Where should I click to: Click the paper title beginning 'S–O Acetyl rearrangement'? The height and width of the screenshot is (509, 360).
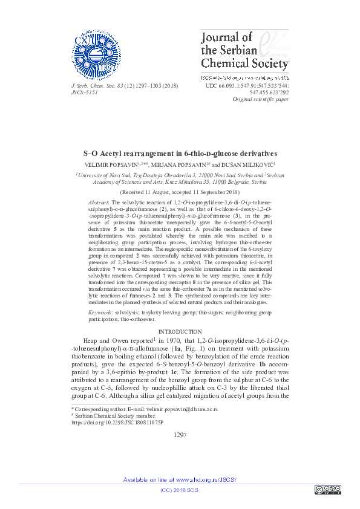pos(180,137)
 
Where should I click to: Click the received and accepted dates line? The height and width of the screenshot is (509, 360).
pos(180,173)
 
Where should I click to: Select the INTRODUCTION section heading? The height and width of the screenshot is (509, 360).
pos(180,332)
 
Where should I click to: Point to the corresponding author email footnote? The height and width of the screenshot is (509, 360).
pos(145,409)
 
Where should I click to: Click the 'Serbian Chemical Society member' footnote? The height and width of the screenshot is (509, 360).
pos(115,416)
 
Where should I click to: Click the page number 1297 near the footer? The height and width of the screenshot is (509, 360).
pos(180,435)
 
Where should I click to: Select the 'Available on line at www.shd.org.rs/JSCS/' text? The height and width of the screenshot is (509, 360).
pos(180,479)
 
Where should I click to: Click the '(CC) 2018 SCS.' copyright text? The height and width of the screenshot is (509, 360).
pos(180,490)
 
